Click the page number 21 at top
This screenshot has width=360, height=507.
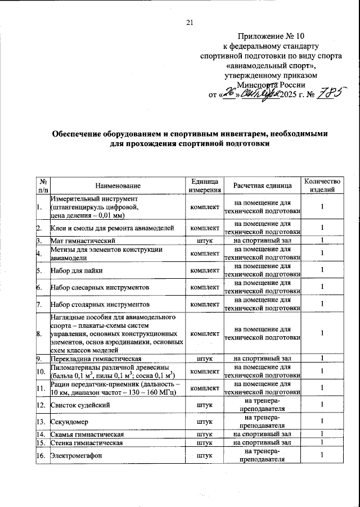189,22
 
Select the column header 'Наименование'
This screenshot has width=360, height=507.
118,185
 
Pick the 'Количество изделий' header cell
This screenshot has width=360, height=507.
322,185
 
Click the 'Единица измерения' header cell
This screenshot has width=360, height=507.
205,185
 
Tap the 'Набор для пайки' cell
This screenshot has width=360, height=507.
75,270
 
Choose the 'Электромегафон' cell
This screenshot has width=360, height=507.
75,455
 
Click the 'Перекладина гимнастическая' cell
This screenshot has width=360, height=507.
96,358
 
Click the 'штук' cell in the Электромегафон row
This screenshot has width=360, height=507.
205,455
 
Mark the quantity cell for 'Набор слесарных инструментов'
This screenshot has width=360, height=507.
322,287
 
